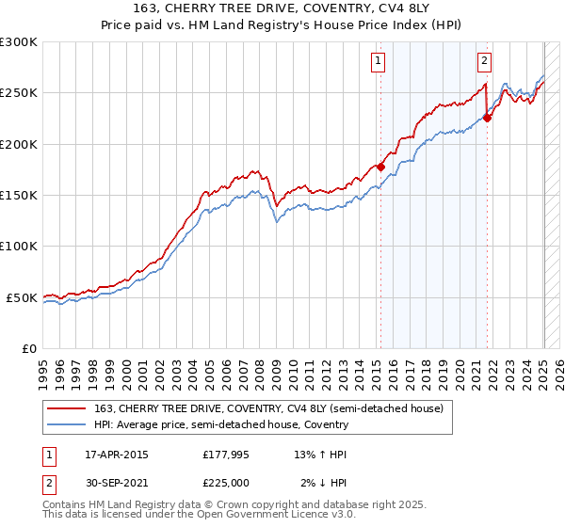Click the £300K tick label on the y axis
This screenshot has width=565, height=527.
(x=19, y=42)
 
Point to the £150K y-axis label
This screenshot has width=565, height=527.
(x=19, y=196)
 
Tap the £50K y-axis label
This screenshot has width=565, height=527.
(x=22, y=297)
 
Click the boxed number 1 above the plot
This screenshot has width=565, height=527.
(x=378, y=62)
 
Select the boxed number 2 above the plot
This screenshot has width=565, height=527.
(x=484, y=62)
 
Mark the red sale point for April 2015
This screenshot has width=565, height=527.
(x=380, y=168)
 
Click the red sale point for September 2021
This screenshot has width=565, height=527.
(x=488, y=119)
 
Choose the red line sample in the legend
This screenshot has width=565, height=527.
(x=68, y=408)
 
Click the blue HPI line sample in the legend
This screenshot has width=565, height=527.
(x=68, y=424)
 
